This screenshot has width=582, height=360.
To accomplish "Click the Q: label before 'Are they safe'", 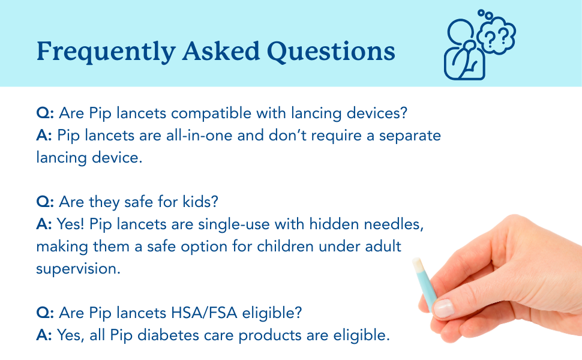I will [x=45, y=202].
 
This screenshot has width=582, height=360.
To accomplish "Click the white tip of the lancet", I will [x=416, y=264].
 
